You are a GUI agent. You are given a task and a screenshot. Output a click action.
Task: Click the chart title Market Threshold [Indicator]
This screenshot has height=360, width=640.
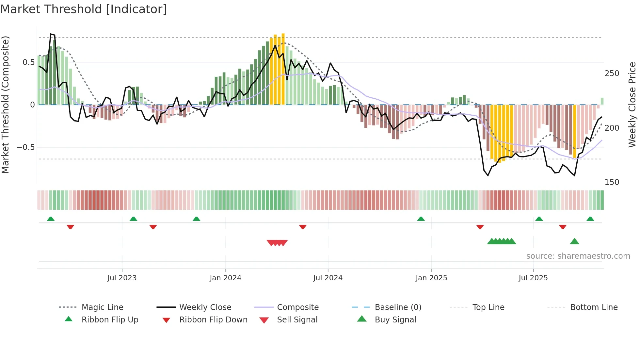[84, 9]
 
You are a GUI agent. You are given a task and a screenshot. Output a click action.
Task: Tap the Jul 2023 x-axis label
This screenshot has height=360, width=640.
[122, 278]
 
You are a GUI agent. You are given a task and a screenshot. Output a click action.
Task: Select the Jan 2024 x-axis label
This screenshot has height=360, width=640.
[225, 278]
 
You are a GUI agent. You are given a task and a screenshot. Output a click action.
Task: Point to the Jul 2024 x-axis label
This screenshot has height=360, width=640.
[328, 278]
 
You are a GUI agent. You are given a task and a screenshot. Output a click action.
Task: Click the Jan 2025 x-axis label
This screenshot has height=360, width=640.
[431, 278]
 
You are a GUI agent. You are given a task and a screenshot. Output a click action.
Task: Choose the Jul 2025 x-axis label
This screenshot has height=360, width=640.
[533, 278]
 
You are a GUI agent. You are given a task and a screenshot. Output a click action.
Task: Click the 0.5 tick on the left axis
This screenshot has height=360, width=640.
[29, 62]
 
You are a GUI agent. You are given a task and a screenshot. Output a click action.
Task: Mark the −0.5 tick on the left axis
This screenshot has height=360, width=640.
[26, 147]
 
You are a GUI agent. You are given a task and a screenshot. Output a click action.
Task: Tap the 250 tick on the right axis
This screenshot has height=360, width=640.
[612, 74]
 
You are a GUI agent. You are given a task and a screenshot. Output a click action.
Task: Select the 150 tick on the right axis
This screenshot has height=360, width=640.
[612, 182]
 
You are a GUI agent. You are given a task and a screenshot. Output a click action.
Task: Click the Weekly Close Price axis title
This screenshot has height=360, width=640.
[632, 105]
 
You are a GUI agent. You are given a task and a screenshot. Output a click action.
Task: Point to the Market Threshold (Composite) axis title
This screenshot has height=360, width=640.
[6, 105]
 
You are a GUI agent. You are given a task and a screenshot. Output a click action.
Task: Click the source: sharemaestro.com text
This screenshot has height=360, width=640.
[578, 256]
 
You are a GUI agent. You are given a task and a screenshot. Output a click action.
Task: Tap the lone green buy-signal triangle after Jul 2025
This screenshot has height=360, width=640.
[574, 242]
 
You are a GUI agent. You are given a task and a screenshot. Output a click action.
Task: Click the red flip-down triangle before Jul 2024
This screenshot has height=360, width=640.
[303, 227]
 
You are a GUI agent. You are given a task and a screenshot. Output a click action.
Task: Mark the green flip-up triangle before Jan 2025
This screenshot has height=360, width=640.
[421, 219]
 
